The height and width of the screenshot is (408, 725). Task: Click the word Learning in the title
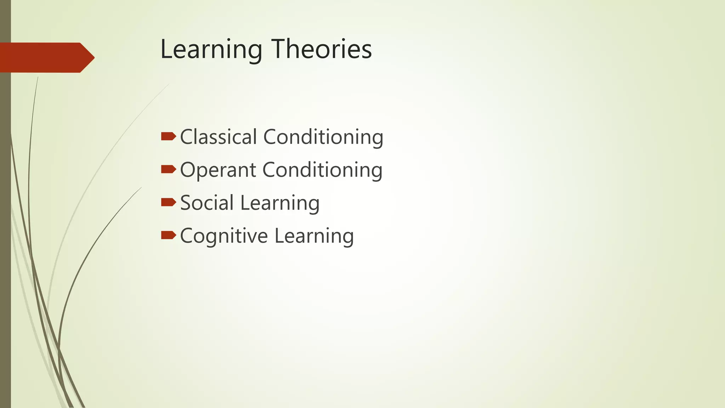tap(211, 50)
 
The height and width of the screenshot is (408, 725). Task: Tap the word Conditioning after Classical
tap(323, 137)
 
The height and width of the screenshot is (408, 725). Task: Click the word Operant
tap(218, 170)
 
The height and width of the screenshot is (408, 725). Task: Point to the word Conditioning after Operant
tap(322, 170)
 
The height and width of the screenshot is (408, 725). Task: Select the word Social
tap(207, 203)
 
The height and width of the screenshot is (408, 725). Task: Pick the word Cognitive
tap(224, 236)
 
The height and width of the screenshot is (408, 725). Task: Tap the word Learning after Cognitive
tap(314, 236)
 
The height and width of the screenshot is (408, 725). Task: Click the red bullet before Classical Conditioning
tap(168, 136)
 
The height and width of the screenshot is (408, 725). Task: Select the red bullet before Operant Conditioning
tap(168, 169)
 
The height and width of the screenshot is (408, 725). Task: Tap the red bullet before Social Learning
tap(168, 202)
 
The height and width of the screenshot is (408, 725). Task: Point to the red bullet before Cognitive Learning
tap(168, 235)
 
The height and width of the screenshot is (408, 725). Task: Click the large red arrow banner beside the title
tap(42, 57)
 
